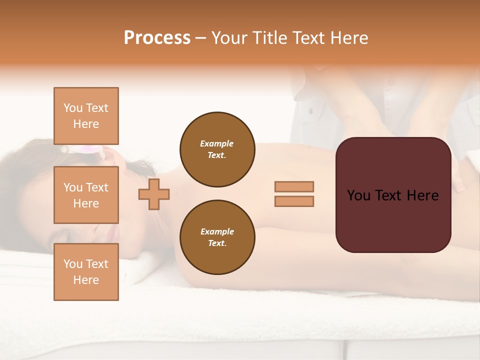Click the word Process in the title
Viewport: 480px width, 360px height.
157,38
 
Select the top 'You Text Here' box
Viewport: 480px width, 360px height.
86,116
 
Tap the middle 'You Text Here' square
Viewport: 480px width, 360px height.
86,195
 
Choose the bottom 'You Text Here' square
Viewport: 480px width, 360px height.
86,272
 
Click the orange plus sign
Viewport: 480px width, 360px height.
154,194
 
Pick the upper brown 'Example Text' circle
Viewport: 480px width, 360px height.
217,149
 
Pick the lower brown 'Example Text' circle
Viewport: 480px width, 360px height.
217,237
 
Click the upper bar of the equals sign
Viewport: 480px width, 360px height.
294,186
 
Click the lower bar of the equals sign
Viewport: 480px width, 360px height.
294,201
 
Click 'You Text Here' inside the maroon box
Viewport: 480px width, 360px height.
393,195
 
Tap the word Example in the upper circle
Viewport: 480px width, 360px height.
217,143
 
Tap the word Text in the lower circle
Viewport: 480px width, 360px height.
217,243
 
